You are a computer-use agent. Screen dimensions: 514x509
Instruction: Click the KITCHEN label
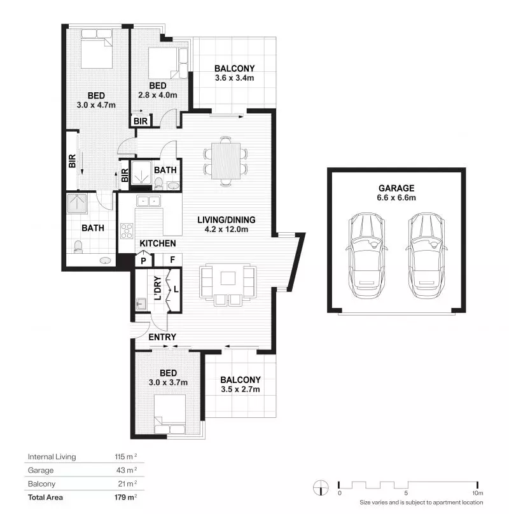[157, 244]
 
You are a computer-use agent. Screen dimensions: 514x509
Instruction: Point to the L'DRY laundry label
[157, 286]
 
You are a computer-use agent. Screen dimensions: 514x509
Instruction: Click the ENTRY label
[162, 337]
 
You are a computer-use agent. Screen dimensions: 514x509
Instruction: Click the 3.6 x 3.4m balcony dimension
[234, 78]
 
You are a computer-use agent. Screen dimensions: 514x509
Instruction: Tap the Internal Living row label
[52, 457]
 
